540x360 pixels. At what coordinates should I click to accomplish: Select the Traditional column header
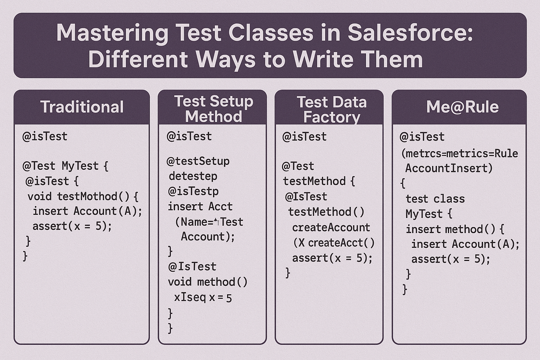[82, 107]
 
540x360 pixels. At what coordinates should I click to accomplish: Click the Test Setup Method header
[214, 109]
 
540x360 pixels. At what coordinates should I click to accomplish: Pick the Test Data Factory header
[332, 109]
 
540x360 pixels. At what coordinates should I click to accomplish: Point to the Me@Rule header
[462, 107]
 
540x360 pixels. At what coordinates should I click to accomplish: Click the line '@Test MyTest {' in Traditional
[65, 166]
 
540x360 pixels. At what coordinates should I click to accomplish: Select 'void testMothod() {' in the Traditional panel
[83, 197]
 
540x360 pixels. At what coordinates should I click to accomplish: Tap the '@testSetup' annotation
[198, 161]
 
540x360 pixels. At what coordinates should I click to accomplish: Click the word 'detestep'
[193, 176]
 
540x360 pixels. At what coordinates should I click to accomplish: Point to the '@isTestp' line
[193, 192]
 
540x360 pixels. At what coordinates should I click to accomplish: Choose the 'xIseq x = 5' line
[203, 297]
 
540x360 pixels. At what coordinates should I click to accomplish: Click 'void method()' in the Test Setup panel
[207, 282]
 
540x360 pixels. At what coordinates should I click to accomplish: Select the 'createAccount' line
[331, 227]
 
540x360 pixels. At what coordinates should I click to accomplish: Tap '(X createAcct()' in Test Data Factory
[334, 243]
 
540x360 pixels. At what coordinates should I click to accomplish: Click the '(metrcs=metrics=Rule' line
[459, 154]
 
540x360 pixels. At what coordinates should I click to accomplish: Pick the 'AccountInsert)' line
[449, 168]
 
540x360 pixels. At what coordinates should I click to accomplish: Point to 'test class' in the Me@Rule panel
[435, 199]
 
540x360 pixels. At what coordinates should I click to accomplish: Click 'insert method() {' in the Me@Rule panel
[455, 229]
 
